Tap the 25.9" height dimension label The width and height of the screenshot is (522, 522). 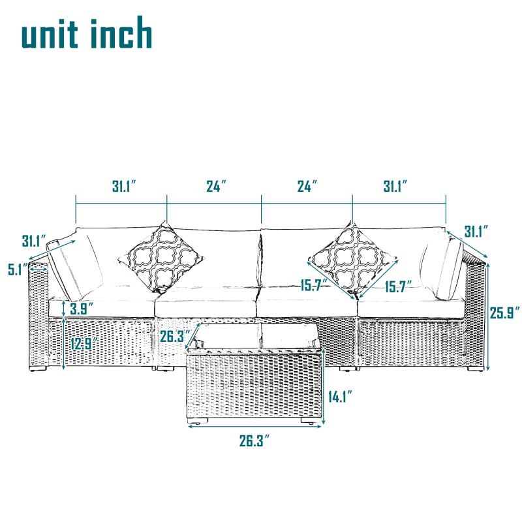504,313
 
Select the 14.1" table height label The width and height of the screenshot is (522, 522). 340,397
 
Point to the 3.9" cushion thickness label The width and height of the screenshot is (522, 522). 82,309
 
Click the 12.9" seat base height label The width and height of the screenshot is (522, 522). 84,343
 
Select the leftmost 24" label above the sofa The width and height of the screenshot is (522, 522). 216,186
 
